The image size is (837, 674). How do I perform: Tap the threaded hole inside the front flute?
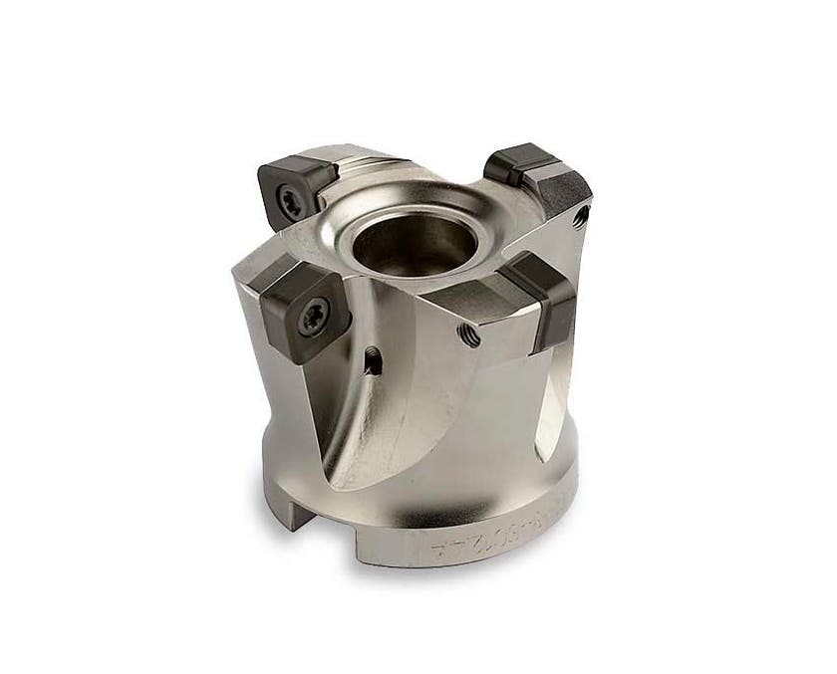click(372, 361)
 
